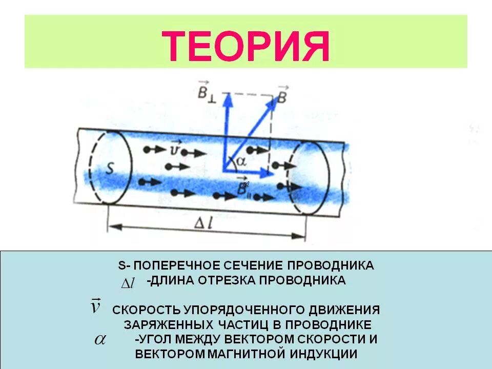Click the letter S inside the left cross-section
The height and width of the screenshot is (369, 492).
(x=109, y=169)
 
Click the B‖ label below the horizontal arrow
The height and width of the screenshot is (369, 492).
(x=242, y=188)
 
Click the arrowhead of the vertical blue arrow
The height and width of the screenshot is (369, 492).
(x=227, y=99)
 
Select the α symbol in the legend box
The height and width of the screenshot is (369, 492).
(x=99, y=340)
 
